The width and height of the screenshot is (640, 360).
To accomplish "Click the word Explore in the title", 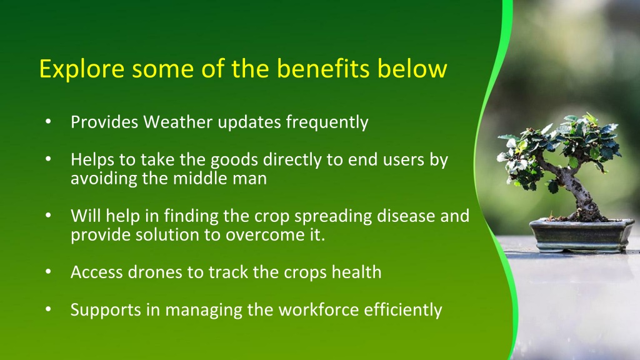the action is coord(82,69).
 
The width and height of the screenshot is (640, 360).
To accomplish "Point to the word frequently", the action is coord(327,122).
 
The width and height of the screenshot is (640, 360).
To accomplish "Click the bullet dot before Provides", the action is coord(48,122).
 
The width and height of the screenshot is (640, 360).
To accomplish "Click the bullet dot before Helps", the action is coord(48,159).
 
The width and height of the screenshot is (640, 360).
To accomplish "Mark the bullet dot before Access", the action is coord(48,271).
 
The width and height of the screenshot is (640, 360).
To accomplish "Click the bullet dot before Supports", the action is coord(48,309).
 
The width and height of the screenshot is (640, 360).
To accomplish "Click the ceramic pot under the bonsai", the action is coord(581,235).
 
